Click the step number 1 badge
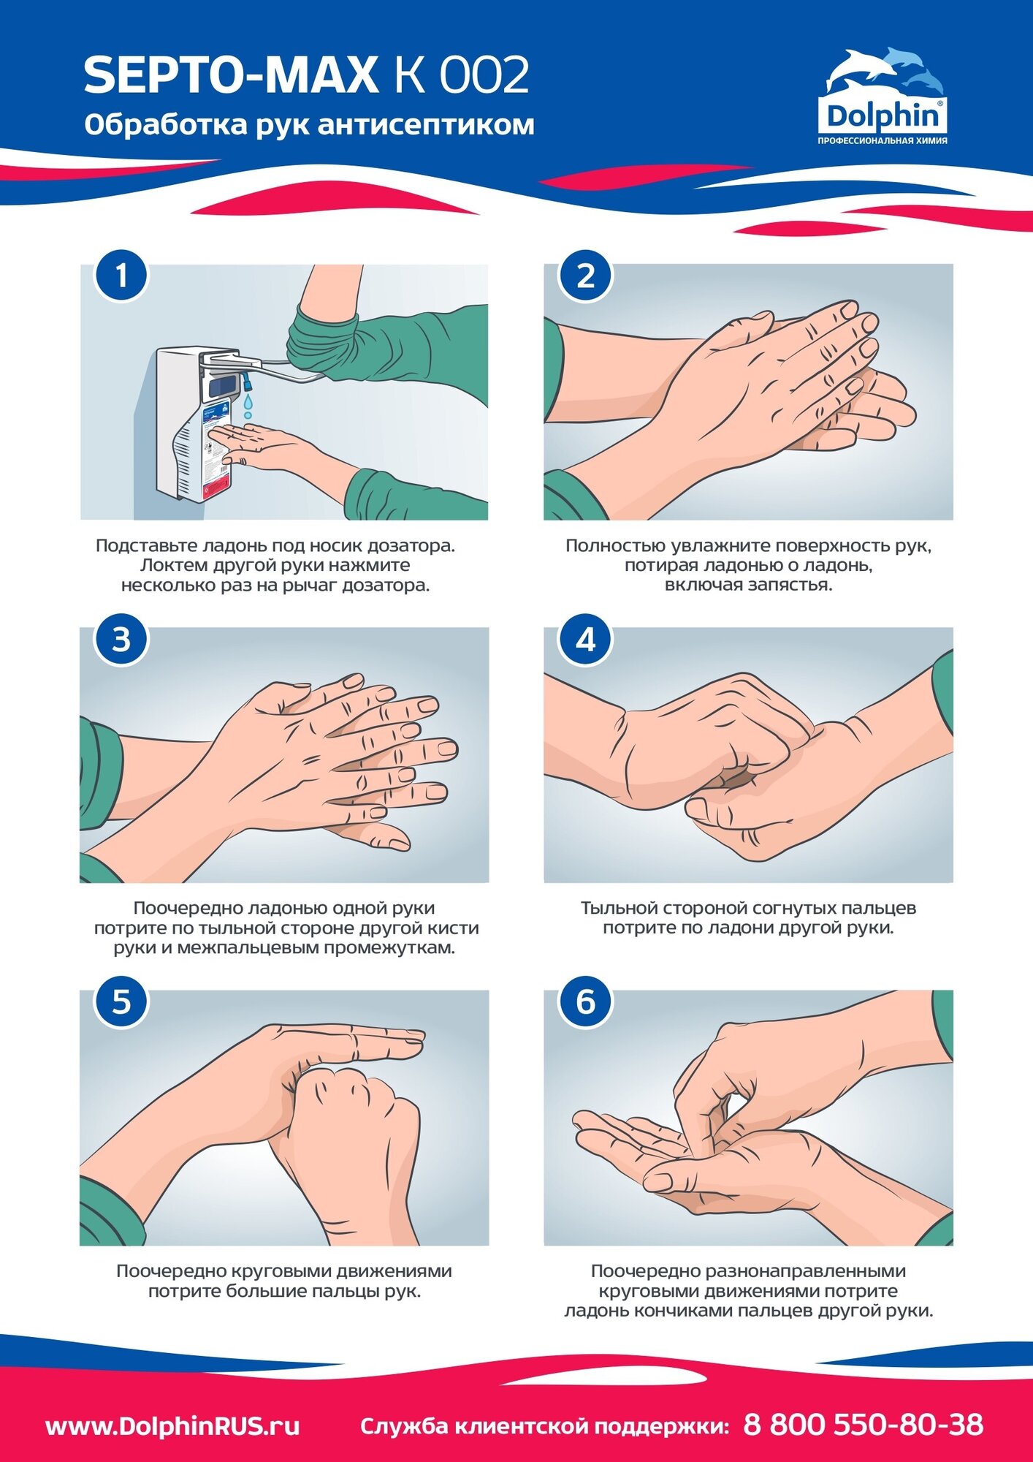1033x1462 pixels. point(121,276)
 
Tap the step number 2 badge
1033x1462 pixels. point(585,276)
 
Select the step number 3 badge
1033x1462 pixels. point(121,639)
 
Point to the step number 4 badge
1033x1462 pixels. point(585,639)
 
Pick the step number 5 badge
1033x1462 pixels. point(121,1001)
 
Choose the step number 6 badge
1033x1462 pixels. point(585,1001)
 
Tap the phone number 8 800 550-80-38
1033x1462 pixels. point(864,1424)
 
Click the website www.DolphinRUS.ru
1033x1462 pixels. point(172,1426)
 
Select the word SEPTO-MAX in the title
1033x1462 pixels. point(231,75)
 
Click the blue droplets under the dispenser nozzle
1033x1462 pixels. point(249,404)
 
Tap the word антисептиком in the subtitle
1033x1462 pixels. point(426,125)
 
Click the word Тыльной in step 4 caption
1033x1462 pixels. point(619,909)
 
